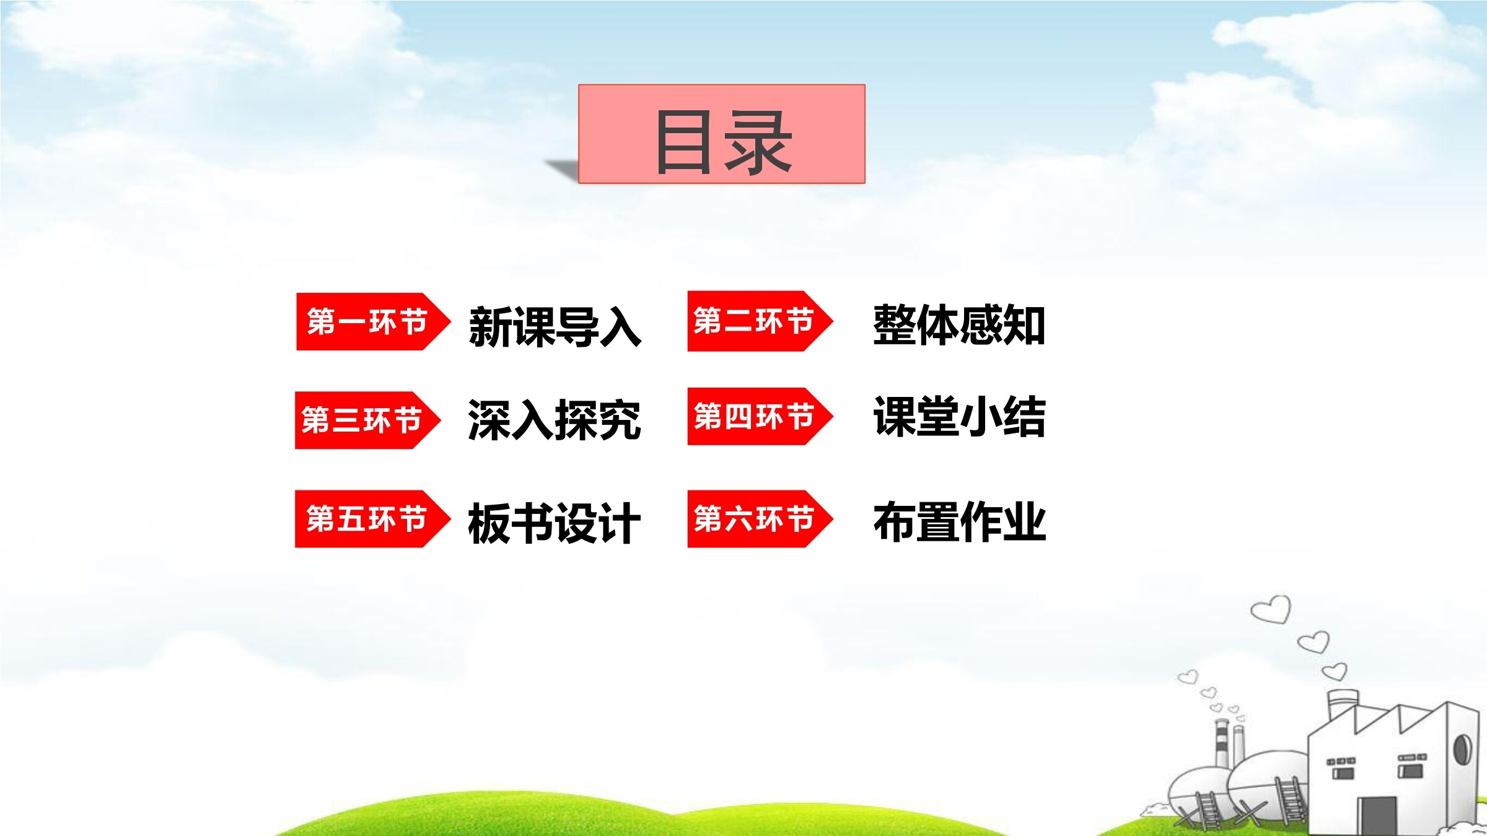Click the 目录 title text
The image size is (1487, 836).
723,142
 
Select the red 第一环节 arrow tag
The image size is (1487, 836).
373,321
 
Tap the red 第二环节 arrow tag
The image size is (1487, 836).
760,321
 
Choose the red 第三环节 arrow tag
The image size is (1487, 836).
367,420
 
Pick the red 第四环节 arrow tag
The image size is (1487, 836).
760,416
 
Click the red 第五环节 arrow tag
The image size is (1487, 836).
372,519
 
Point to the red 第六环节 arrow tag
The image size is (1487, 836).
760,519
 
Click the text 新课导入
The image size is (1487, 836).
555,326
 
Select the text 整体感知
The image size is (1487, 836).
959,324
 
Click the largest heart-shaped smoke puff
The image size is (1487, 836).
1271,609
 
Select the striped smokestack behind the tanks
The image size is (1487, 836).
1222,742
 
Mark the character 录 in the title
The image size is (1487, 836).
758,142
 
